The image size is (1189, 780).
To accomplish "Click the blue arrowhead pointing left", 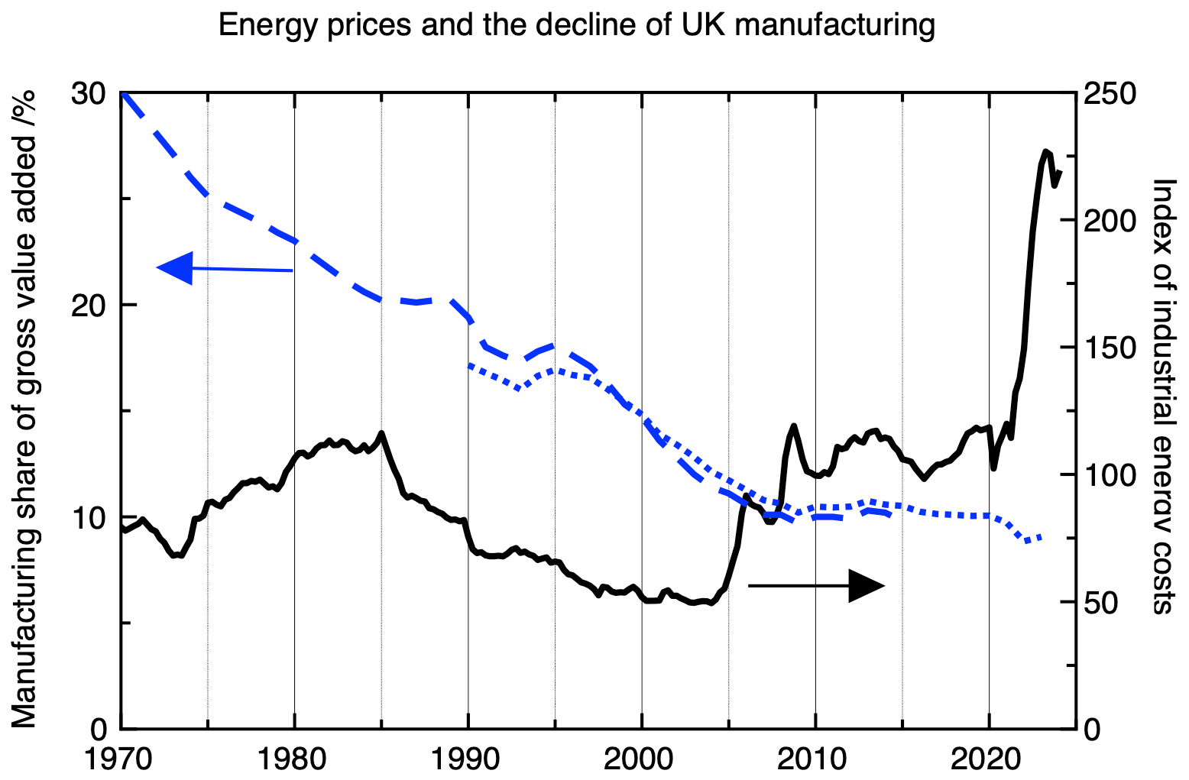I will coord(175,267).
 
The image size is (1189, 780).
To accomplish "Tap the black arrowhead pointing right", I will coord(866,585).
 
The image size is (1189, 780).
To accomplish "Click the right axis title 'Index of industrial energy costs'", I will coord(1162,396).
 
